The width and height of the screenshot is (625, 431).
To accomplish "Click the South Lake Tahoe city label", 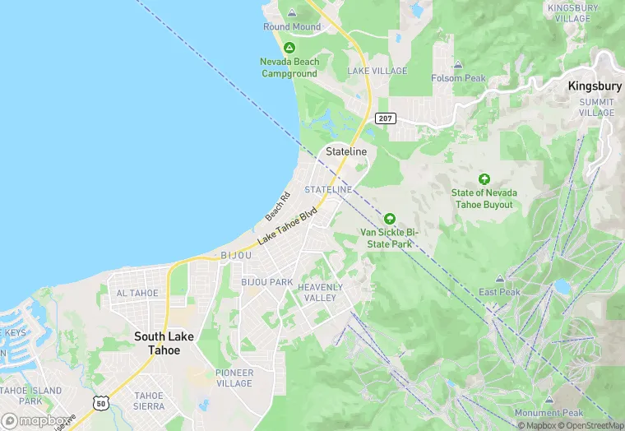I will point(163,343).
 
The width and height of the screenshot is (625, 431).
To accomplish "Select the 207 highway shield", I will point(385,118).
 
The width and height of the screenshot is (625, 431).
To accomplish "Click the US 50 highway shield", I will point(100,403).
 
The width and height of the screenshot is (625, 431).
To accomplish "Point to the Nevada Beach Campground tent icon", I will point(289,48).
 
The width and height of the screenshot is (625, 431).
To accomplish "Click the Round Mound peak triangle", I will point(292,13).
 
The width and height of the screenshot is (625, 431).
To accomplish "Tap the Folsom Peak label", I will point(458,78).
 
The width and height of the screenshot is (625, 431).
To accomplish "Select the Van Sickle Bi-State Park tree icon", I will point(389,219).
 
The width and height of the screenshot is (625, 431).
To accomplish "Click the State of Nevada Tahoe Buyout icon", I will point(484,179).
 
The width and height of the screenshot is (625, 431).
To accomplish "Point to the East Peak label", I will point(499,292).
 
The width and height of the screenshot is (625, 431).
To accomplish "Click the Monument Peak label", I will point(549,413).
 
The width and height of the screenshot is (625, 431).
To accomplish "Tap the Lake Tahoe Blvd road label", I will point(287,227).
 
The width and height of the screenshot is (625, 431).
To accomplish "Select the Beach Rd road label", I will point(278,206).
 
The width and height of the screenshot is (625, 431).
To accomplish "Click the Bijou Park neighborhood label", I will point(266,282).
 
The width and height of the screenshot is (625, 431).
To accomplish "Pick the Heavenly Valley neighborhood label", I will point(320,292).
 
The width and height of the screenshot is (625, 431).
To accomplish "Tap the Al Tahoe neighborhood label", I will point(137,294).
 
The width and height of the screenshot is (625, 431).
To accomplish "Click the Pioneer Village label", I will point(234,378).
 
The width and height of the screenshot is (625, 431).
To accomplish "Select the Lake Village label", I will point(377,72).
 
